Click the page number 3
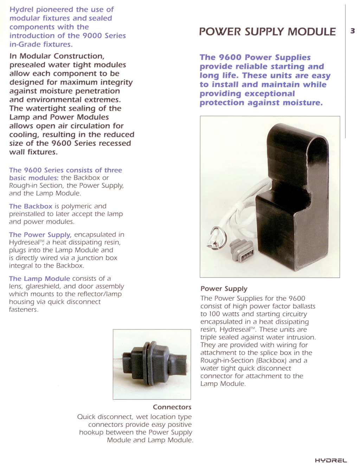(352, 31)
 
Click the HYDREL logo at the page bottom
(330, 460)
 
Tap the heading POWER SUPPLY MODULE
(267, 32)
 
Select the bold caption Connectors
(172, 407)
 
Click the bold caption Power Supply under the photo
(224, 288)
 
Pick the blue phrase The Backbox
(31, 206)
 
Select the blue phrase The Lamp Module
(39, 279)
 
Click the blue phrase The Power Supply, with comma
(40, 235)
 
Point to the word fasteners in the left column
(24, 309)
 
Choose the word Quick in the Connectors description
(86, 417)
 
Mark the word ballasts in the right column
(302, 306)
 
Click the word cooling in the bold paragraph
(25, 135)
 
